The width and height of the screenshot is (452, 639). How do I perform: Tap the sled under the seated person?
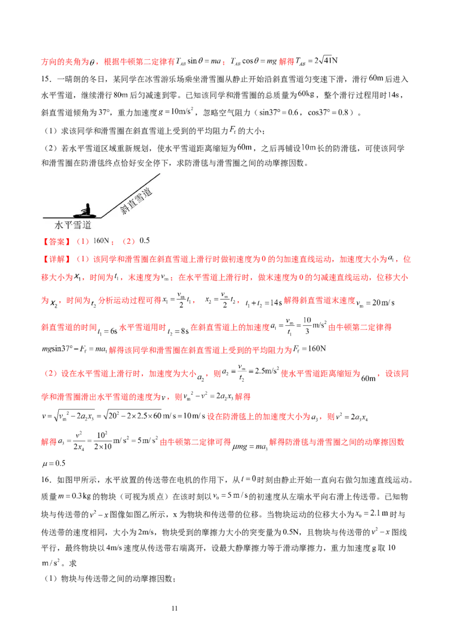(x=85, y=215)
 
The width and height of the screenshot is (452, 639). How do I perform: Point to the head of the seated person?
(x=87, y=203)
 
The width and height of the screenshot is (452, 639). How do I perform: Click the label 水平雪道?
(x=73, y=225)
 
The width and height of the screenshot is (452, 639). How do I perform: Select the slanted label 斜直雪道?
(x=136, y=202)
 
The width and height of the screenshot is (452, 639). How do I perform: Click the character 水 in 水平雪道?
(x=59, y=225)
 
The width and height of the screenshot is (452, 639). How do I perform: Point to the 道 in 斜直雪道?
(x=147, y=192)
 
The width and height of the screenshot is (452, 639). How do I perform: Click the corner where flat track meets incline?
(x=102, y=217)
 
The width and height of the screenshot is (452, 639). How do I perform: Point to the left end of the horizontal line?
(x=43, y=217)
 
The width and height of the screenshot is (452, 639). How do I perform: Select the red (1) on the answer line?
(x=84, y=241)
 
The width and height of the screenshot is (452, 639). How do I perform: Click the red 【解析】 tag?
(x=56, y=259)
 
